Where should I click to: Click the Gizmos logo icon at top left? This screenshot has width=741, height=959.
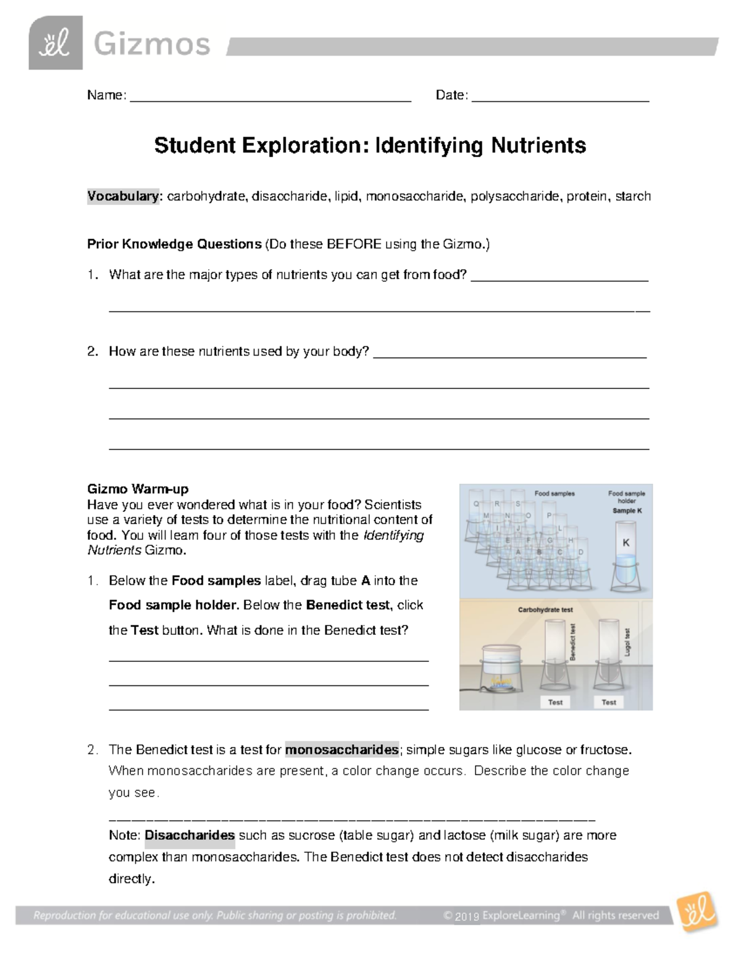(x=56, y=43)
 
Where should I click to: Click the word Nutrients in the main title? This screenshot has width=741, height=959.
(x=538, y=146)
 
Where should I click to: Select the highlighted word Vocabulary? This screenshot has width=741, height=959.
(x=123, y=196)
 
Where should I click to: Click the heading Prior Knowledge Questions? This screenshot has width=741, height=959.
(x=174, y=244)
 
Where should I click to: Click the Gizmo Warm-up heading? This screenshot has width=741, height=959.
(x=138, y=489)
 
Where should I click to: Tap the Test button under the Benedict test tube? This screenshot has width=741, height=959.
(x=555, y=702)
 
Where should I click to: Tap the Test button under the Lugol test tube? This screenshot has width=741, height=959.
(x=609, y=702)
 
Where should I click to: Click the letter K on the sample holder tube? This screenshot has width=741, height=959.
(x=626, y=543)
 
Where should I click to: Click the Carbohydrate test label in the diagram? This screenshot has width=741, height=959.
(x=545, y=609)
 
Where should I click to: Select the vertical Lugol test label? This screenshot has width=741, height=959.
(x=627, y=642)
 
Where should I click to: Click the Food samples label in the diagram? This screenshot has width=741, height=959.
(x=554, y=493)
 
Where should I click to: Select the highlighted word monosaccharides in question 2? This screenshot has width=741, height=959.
(x=341, y=750)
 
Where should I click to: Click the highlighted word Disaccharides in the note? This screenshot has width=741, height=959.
(x=190, y=835)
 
